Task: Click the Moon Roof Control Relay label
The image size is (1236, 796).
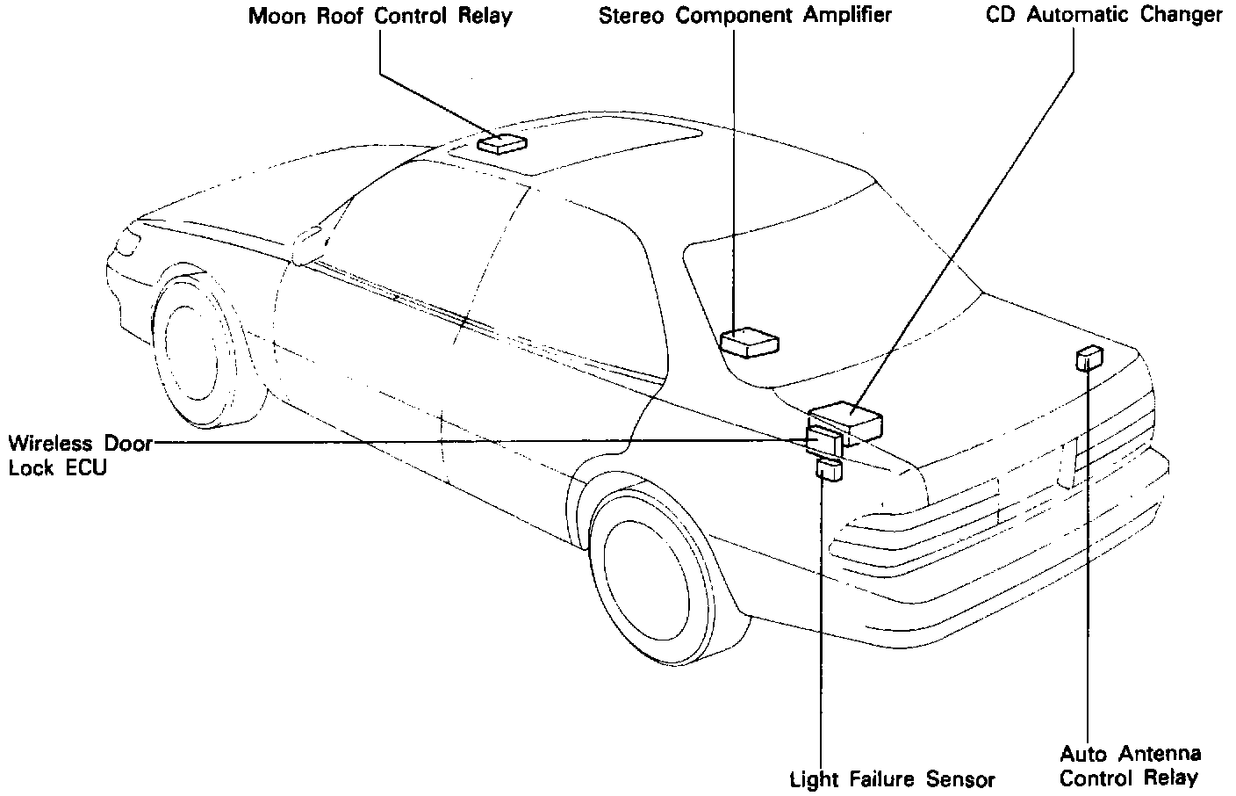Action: tap(380, 17)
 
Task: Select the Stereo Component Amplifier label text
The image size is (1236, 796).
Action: tap(744, 17)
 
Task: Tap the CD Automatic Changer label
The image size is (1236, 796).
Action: tap(1104, 15)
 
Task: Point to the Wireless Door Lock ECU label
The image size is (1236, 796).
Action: tap(77, 455)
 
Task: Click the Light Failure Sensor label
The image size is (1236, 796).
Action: tap(893, 779)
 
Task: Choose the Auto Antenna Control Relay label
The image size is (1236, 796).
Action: tap(1130, 765)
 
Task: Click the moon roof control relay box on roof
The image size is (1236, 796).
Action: tap(501, 143)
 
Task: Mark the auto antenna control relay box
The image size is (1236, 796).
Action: tap(1089, 358)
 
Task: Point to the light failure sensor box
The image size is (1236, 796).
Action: tap(829, 469)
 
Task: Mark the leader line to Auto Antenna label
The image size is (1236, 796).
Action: tap(1089, 562)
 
